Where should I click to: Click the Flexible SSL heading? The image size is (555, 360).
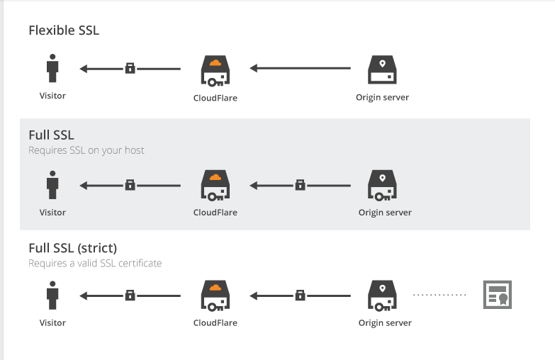[64, 30]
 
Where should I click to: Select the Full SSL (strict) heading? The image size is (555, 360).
[72, 249]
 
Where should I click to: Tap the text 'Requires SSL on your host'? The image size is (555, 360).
[86, 150]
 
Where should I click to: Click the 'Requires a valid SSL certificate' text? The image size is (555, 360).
[95, 264]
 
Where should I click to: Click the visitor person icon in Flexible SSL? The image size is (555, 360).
[52, 69]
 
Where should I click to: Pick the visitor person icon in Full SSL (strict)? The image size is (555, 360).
[52, 295]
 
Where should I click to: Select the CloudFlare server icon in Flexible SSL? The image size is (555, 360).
[215, 71]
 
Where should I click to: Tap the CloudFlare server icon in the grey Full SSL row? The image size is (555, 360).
[215, 185]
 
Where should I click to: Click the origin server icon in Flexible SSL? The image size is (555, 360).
[382, 70]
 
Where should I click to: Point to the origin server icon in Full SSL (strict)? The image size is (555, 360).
[382, 295]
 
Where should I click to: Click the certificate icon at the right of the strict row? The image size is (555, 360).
[497, 295]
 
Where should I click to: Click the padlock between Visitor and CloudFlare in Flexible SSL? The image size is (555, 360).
[130, 69]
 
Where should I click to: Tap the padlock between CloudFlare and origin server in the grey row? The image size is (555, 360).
[300, 186]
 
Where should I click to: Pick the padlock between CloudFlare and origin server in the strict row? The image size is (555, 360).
[300, 295]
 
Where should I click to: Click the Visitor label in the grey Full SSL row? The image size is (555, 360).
[52, 213]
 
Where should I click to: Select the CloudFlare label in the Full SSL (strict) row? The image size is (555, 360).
[215, 323]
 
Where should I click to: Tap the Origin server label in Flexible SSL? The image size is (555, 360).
[382, 98]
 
